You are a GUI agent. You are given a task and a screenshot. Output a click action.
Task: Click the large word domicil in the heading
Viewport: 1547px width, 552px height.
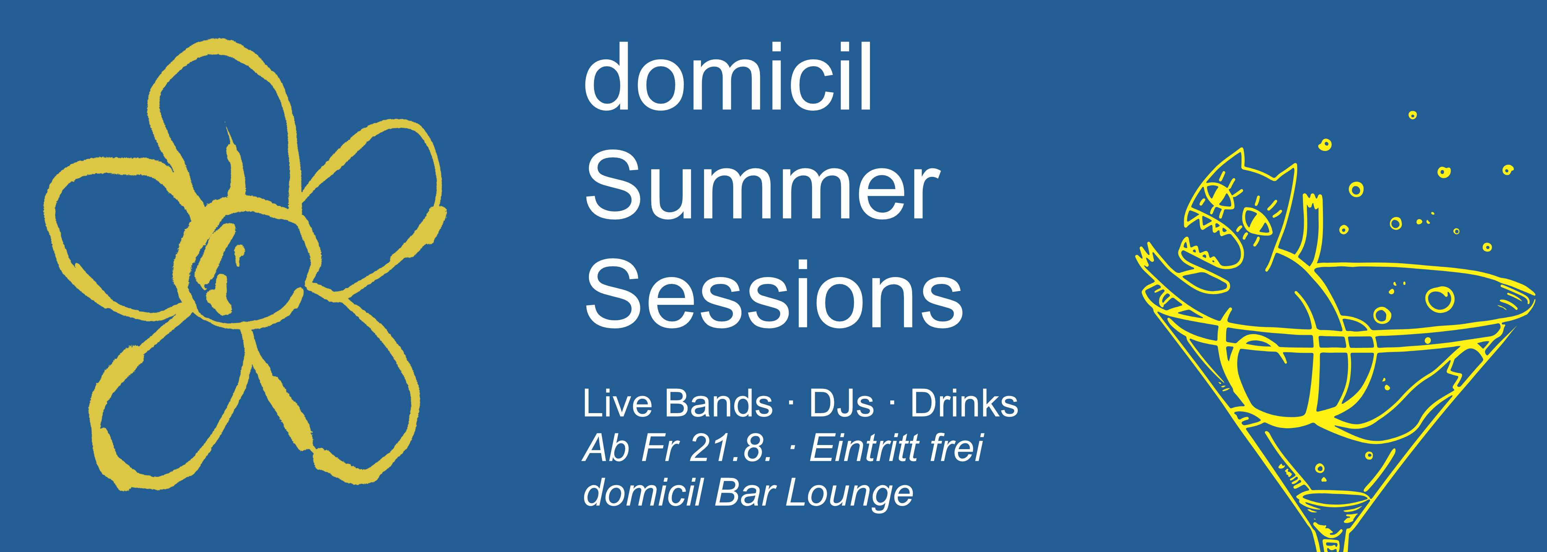coord(727,79)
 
